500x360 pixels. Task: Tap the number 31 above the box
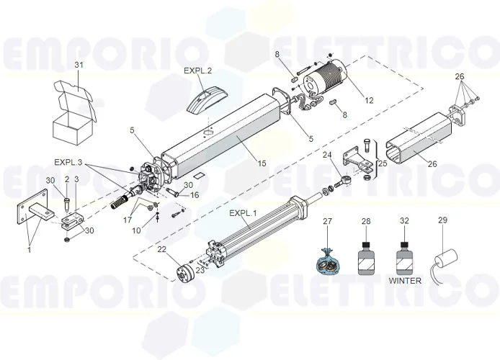[79, 66]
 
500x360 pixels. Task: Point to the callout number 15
[262, 163]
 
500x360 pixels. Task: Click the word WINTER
[404, 281]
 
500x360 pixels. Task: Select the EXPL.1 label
[243, 214]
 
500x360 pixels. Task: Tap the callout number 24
[327, 155]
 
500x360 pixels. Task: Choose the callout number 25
[383, 164]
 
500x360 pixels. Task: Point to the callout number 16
[195, 195]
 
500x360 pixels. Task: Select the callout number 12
[369, 101]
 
